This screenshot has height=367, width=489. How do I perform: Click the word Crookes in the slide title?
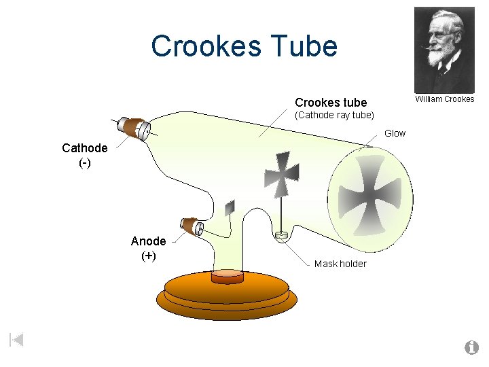(204, 46)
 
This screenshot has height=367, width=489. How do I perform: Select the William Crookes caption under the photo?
(444, 99)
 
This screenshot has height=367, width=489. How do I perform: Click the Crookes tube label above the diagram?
(331, 103)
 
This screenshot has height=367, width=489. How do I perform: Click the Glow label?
(395, 133)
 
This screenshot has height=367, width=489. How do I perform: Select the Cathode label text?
(84, 148)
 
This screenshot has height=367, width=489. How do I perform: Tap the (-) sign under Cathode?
(85, 163)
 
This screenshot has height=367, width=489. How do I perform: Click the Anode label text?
(148, 241)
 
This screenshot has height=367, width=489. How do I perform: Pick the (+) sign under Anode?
(148, 256)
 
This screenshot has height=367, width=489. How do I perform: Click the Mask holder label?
(340, 264)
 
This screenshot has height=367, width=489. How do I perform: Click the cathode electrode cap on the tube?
(132, 128)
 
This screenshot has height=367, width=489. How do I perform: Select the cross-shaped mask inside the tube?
(281, 174)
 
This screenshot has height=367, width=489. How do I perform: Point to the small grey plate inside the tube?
(230, 207)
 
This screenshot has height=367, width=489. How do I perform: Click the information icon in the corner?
(471, 348)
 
